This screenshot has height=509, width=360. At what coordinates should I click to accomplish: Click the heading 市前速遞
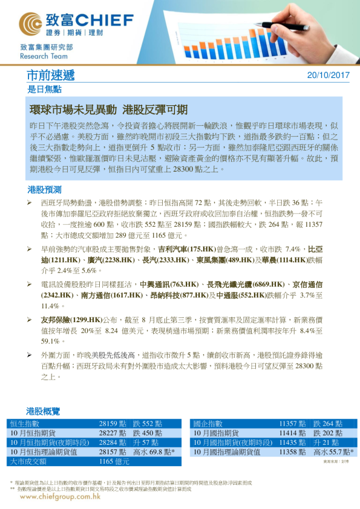pyautogui.click(x=51, y=76)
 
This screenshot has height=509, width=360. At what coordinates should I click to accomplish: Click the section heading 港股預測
pyautogui.click(x=44, y=189)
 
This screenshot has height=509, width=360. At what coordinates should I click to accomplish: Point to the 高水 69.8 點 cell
pyautogui.click(x=154, y=452)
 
